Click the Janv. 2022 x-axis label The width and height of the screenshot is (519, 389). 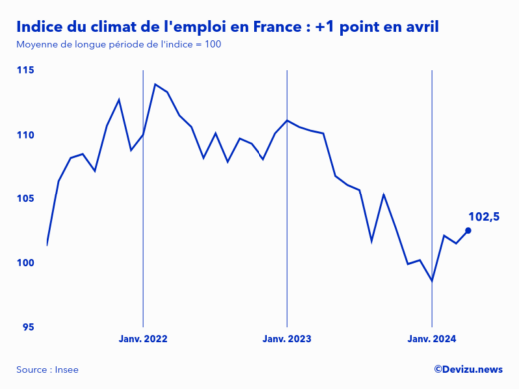pyautogui.click(x=143, y=339)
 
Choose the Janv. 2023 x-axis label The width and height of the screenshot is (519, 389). pyautogui.click(x=287, y=339)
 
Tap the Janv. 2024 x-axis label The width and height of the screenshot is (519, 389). pyautogui.click(x=431, y=339)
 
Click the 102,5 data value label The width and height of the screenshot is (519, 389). pyautogui.click(x=483, y=216)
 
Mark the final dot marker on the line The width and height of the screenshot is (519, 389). pyautogui.click(x=468, y=230)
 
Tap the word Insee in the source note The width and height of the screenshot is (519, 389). pyautogui.click(x=66, y=370)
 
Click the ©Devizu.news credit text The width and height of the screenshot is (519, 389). pyautogui.click(x=468, y=369)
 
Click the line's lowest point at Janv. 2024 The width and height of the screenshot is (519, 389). pyautogui.click(x=431, y=281)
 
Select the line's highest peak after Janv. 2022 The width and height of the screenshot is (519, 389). pyautogui.click(x=155, y=84)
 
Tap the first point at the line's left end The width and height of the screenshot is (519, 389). pyautogui.click(x=47, y=244)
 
